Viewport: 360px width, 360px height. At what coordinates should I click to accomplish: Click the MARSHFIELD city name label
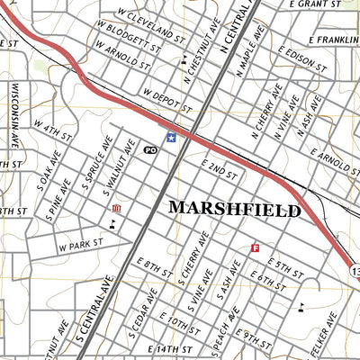[235, 210]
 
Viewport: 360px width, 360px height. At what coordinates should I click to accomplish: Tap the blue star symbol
[171, 137]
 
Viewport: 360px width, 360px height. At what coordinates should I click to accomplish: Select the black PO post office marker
[150, 148]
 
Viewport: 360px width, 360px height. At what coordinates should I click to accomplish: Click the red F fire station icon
[255, 247]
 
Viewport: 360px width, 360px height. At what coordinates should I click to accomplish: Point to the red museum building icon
[116, 210]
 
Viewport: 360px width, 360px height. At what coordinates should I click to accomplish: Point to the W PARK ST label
[82, 244]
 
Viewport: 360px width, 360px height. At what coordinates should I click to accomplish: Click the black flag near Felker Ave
[301, 307]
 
